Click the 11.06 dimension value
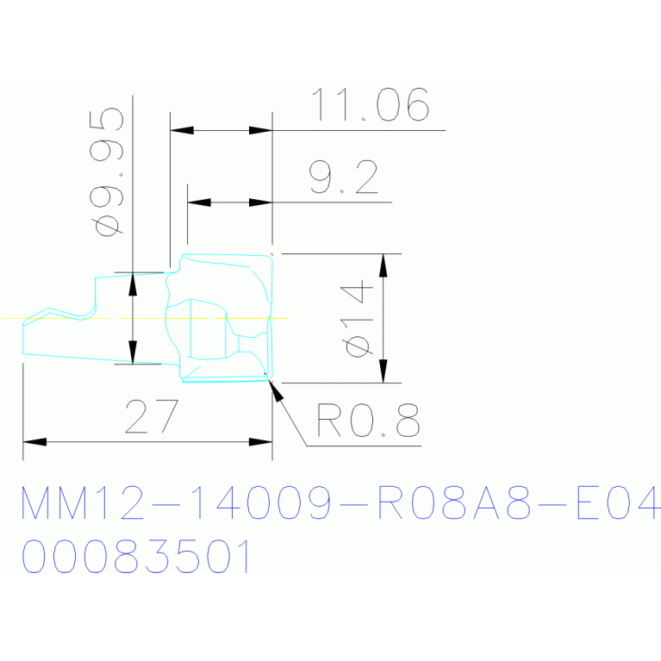(x=370, y=104)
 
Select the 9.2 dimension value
(x=343, y=177)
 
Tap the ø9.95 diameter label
(x=107, y=172)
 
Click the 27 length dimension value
(x=152, y=416)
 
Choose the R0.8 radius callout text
(x=368, y=420)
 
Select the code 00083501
(x=135, y=556)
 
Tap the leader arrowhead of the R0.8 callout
(x=276, y=390)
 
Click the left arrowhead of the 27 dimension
(x=34, y=442)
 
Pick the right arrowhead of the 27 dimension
(x=260, y=442)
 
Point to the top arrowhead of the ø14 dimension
(x=383, y=265)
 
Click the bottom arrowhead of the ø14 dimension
(x=383, y=371)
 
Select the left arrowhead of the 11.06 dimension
(x=182, y=130)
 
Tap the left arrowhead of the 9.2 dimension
(x=199, y=203)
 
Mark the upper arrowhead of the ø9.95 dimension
(x=133, y=284)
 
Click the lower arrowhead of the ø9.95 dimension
(x=133, y=352)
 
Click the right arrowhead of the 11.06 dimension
(x=260, y=130)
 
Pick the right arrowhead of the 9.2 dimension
(x=260, y=203)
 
